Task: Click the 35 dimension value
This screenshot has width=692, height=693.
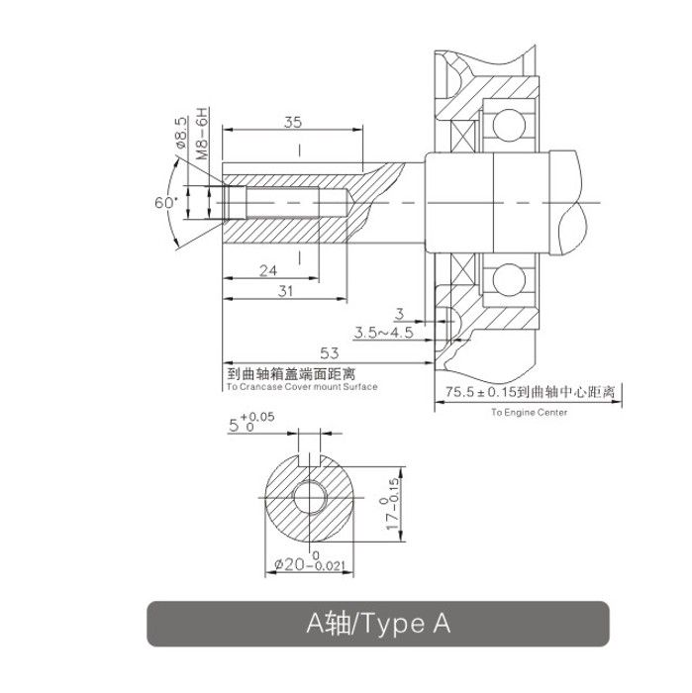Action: (293, 122)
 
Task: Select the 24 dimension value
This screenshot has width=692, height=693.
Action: (268, 270)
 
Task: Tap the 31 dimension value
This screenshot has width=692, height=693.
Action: (285, 291)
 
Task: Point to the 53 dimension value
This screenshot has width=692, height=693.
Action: (330, 352)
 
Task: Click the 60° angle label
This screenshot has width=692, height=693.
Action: (165, 202)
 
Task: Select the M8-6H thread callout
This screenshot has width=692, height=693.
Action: (202, 134)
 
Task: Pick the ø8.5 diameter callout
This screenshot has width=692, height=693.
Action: (181, 132)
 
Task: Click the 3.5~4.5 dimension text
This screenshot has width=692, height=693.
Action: (383, 332)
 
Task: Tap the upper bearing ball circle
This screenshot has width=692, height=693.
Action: (509, 125)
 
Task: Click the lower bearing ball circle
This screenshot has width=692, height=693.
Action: (509, 280)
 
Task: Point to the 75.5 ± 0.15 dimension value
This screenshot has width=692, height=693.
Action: (481, 392)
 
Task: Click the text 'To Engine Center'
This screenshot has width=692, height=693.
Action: (529, 413)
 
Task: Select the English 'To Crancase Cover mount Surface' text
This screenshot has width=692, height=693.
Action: (302, 387)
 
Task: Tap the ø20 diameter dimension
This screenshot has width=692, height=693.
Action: (309, 562)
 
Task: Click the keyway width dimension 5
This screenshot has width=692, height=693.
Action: (251, 423)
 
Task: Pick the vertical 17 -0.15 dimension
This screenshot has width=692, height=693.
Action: (392, 504)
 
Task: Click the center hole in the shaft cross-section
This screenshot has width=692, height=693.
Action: (310, 497)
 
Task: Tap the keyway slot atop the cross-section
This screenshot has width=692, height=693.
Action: (309, 459)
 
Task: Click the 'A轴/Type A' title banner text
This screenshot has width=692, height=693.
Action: (378, 624)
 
